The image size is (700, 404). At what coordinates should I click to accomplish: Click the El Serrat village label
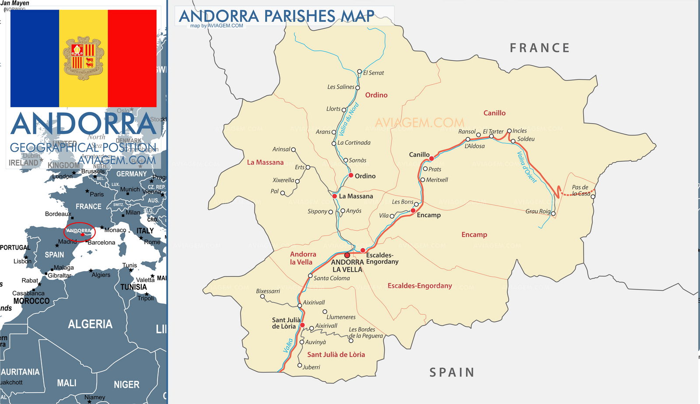tap(373, 73)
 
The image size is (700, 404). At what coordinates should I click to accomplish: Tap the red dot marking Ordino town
tap(351, 175)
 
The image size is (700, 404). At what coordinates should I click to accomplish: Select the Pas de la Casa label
tap(581, 190)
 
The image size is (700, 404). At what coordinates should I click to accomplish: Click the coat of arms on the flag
tap(83, 59)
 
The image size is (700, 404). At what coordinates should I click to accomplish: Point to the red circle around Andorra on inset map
tap(79, 231)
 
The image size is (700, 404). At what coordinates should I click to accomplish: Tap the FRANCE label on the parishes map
tap(539, 48)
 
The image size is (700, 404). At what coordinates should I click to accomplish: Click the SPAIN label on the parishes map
tap(451, 373)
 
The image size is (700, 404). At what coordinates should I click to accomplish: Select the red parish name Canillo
tap(494, 113)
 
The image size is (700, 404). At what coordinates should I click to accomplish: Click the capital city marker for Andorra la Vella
tap(347, 255)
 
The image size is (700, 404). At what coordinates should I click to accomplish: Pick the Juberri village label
tap(311, 367)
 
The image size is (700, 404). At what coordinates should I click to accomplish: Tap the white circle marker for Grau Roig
tap(553, 214)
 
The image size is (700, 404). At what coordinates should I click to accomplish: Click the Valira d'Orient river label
tap(526, 167)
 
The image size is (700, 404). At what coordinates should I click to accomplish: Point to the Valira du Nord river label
tap(349, 119)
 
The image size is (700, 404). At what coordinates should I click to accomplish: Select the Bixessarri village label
tap(268, 291)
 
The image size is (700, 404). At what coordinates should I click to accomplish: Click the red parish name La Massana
tap(265, 162)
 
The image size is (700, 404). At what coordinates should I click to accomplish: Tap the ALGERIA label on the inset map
tap(90, 324)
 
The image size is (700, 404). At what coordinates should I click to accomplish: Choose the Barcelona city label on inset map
tap(101, 242)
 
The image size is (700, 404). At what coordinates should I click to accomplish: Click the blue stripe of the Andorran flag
tap(35, 59)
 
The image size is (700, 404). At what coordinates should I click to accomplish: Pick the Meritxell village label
tap(437, 180)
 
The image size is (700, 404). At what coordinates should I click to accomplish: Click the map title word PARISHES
tap(299, 16)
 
